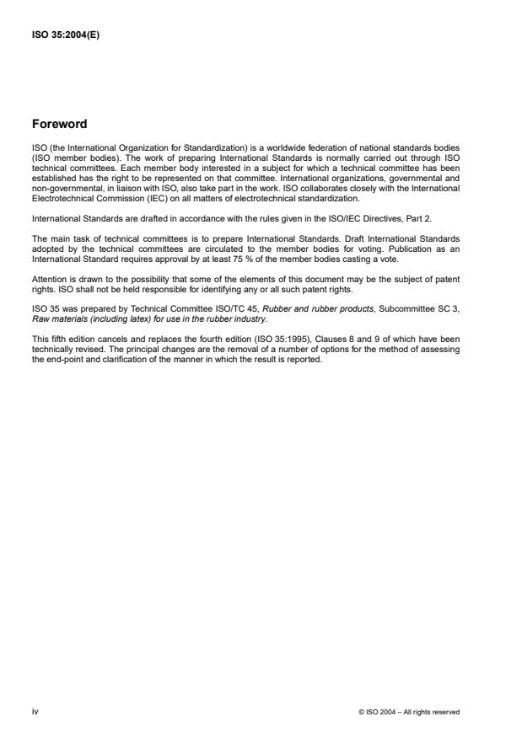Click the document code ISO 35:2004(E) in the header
[66, 36]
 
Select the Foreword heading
[59, 124]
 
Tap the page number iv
[35, 712]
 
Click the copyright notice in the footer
[409, 712]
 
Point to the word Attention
[47, 279]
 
